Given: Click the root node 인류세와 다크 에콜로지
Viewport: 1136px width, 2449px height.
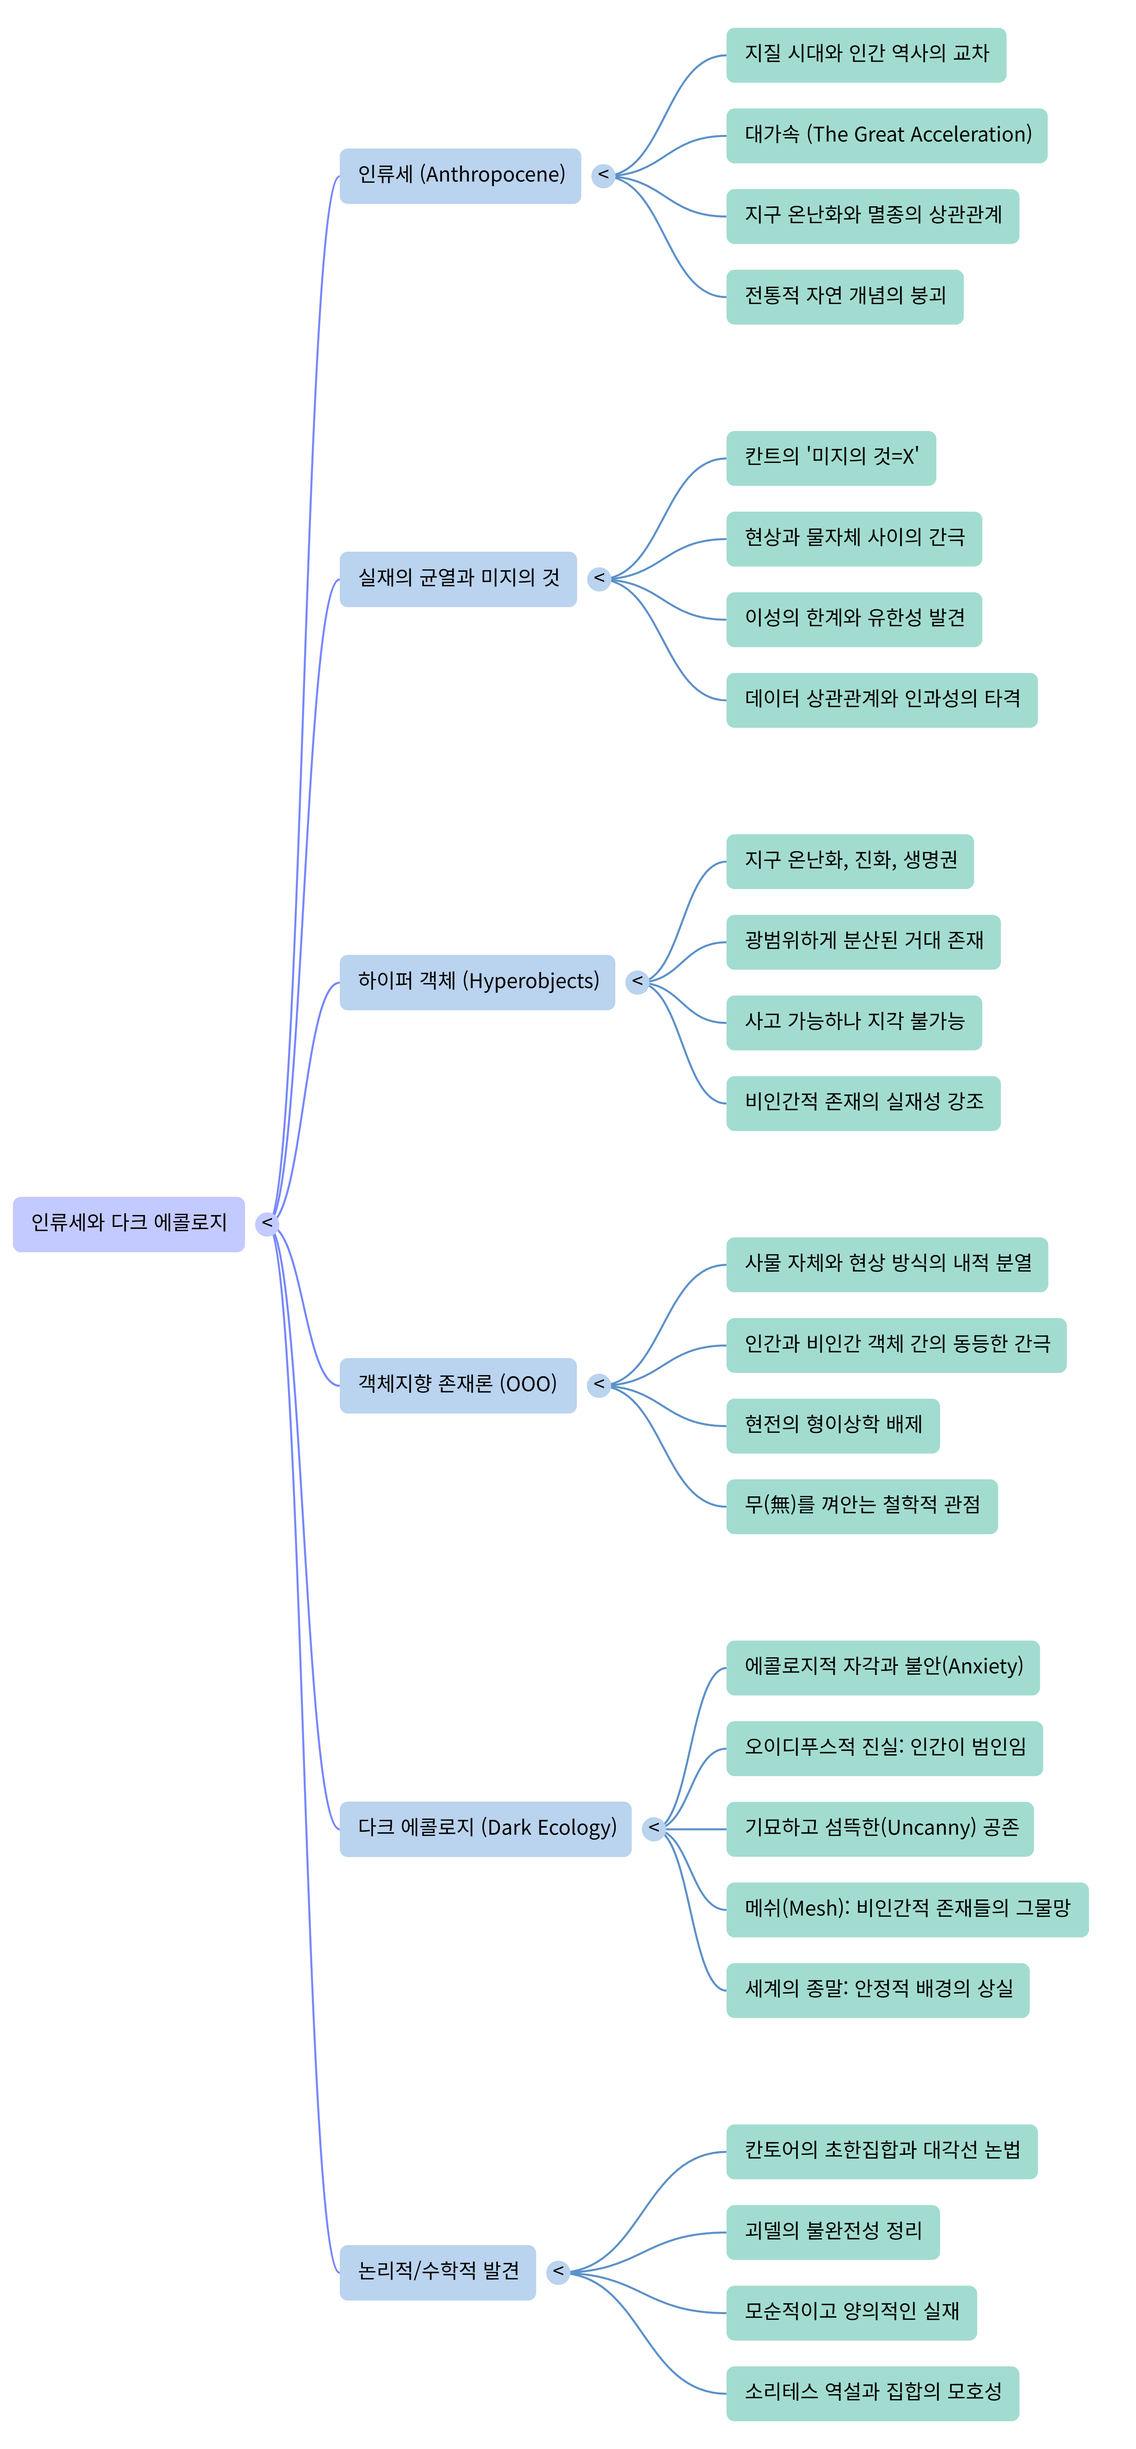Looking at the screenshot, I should point(128,1224).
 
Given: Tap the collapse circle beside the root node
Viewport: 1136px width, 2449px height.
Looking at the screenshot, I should point(267,1224).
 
